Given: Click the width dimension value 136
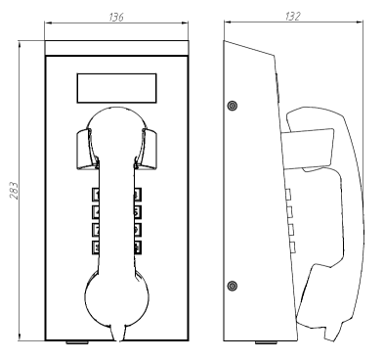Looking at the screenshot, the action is point(116,17).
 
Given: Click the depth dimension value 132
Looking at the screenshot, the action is point(293,17).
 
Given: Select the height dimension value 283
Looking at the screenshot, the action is point(14,191).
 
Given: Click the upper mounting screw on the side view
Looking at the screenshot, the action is point(232,106).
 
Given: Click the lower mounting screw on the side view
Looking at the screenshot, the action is point(232,286).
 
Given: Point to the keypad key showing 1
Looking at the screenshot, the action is point(96,195).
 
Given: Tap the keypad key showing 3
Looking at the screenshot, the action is point(138,195).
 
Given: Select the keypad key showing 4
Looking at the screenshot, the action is point(96,212).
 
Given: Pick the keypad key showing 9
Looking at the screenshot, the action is point(138,230).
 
